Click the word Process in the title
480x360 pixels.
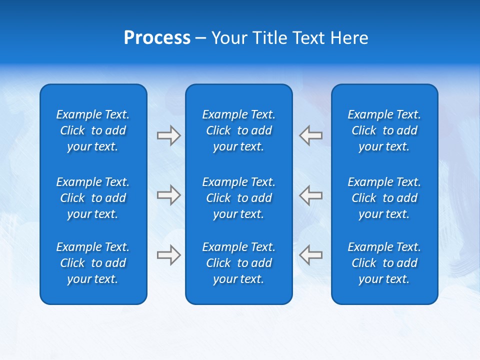click(157, 38)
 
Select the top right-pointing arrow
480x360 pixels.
click(169, 135)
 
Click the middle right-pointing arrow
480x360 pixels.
click(169, 195)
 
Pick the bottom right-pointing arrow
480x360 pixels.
click(169, 255)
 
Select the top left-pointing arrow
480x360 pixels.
click(310, 135)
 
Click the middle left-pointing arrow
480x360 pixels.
click(310, 195)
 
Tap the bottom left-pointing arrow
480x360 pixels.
click(310, 255)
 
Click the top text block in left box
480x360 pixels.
click(93, 130)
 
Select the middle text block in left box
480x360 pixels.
click(93, 198)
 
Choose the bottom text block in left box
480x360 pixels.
click(93, 263)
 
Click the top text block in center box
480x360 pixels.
click(239, 130)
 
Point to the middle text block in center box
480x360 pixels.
click(239, 198)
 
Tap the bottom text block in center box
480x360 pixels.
click(239, 263)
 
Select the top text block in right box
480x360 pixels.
click(384, 130)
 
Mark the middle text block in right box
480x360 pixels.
click(384, 198)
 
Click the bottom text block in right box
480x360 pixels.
click(384, 263)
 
